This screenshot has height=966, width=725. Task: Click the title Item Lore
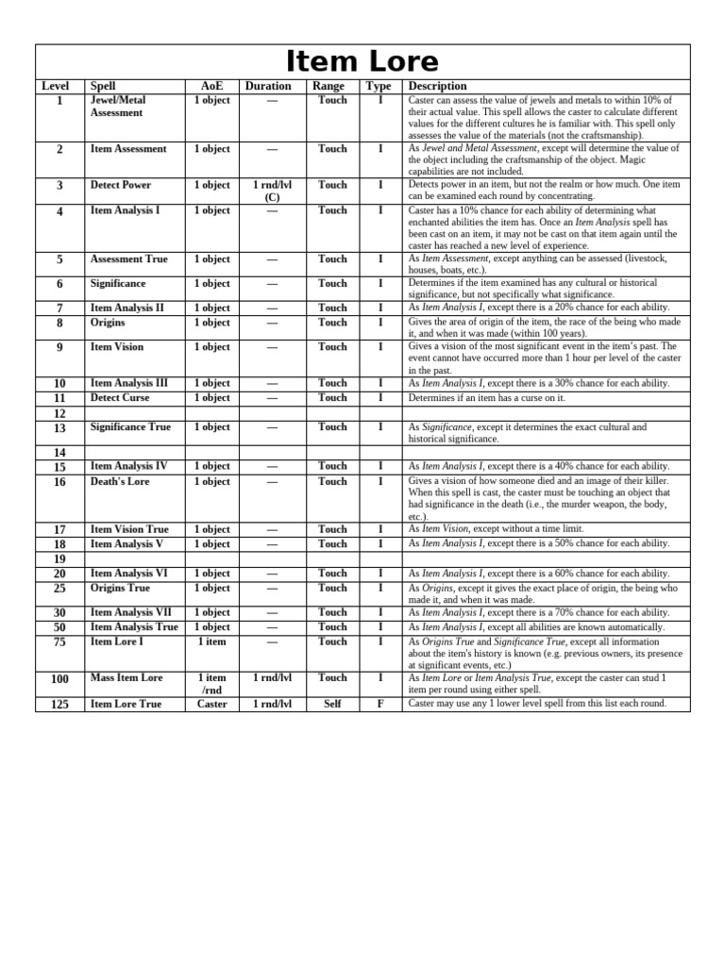pos(362,62)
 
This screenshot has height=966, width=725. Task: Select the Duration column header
pos(268,86)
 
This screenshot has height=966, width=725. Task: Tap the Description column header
pos(437,86)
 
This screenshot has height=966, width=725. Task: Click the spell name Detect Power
pos(120,185)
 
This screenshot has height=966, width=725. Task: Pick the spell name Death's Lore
pos(120,481)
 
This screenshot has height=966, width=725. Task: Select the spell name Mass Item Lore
pos(126,677)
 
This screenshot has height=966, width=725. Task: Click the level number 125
pos(59,705)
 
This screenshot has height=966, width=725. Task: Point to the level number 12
pos(59,413)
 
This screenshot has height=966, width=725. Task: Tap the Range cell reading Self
pos(332,704)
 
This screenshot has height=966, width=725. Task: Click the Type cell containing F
pos(380,704)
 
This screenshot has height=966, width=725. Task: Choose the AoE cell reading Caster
pos(211,704)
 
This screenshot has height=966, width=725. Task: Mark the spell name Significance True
pos(130,427)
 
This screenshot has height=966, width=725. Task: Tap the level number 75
pos(59,642)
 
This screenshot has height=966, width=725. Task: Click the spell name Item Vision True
pos(129,529)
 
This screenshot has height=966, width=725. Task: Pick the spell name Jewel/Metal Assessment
pos(117,106)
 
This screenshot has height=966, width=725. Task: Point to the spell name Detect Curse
pos(120,397)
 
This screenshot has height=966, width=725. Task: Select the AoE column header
pos(211,86)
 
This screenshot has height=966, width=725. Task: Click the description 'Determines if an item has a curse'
pos(487,398)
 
